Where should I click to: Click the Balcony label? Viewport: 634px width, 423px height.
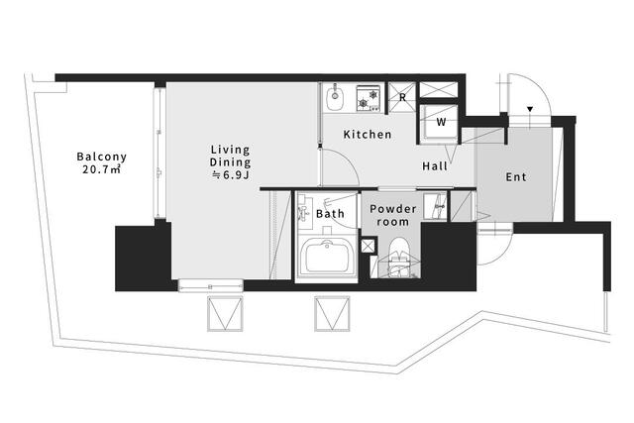tap(101, 157)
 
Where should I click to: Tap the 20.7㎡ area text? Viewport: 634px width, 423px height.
tap(101, 169)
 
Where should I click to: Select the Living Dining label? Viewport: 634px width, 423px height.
tap(230, 157)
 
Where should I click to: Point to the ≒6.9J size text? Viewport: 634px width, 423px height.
tap(230, 174)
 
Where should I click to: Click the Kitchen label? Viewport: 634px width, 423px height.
tap(368, 135)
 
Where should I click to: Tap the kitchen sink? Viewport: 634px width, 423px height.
tap(335, 97)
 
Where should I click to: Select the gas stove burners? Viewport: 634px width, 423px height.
tap(368, 98)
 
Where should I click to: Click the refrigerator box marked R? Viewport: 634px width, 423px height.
tap(402, 97)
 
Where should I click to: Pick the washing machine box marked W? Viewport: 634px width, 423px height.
tap(439, 121)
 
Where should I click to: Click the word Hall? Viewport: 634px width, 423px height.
tap(435, 166)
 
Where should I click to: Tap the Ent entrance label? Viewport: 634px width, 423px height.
tap(516, 177)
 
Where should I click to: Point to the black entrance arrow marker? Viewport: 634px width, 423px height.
tap(530, 109)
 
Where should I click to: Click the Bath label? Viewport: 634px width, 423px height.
tap(330, 214)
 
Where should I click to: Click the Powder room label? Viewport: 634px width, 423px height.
tap(392, 215)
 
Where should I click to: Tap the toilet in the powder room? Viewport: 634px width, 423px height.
tap(399, 258)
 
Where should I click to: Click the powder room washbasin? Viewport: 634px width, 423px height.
tap(435, 206)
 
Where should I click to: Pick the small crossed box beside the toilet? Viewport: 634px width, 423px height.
tap(368, 246)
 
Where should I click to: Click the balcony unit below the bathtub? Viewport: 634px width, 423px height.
tap(332, 314)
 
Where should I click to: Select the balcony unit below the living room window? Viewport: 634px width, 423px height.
tap(225, 314)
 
